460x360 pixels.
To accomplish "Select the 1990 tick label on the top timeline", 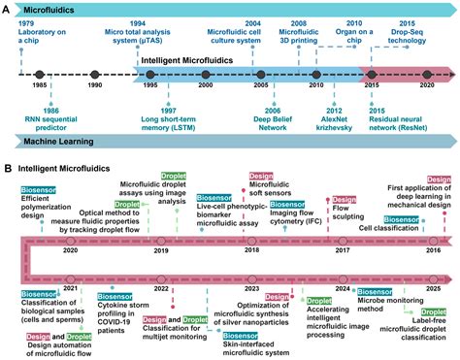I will (94, 86).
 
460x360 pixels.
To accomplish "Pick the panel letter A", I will (8, 8).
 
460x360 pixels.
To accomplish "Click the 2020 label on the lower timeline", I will (70, 250).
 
